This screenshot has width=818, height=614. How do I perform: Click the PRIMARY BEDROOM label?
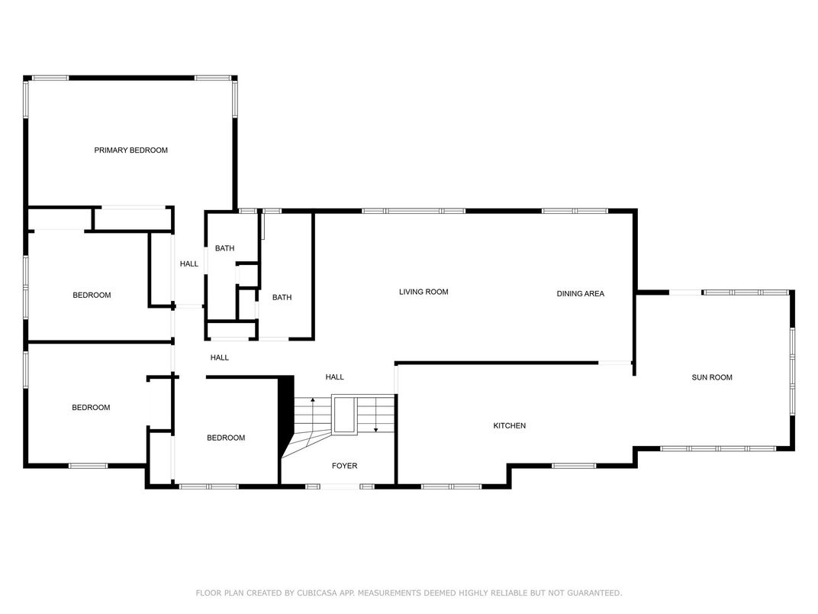pyautogui.click(x=131, y=150)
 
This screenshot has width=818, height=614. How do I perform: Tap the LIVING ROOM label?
pyautogui.click(x=423, y=292)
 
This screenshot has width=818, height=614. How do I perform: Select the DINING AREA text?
pyautogui.click(x=580, y=294)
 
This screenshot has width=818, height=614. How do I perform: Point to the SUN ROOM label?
pyautogui.click(x=712, y=377)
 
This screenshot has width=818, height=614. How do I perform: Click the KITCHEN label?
pyautogui.click(x=510, y=426)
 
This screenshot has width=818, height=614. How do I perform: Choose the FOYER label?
pyautogui.click(x=344, y=466)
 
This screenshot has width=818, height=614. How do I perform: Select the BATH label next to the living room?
pyautogui.click(x=282, y=298)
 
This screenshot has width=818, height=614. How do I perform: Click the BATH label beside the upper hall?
pyautogui.click(x=225, y=248)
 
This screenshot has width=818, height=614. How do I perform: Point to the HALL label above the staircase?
pyautogui.click(x=334, y=377)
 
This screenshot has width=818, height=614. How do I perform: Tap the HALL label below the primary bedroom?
pyautogui.click(x=188, y=264)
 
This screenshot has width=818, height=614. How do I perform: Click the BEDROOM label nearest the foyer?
pyautogui.click(x=226, y=438)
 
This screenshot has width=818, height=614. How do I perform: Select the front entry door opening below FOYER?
pyautogui.click(x=340, y=486)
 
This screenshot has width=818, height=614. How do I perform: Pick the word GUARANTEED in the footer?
pyautogui.click(x=594, y=593)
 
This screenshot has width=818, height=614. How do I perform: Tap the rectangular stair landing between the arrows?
pyautogui.click(x=344, y=415)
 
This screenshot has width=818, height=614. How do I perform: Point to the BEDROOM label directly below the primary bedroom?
pyautogui.click(x=92, y=296)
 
